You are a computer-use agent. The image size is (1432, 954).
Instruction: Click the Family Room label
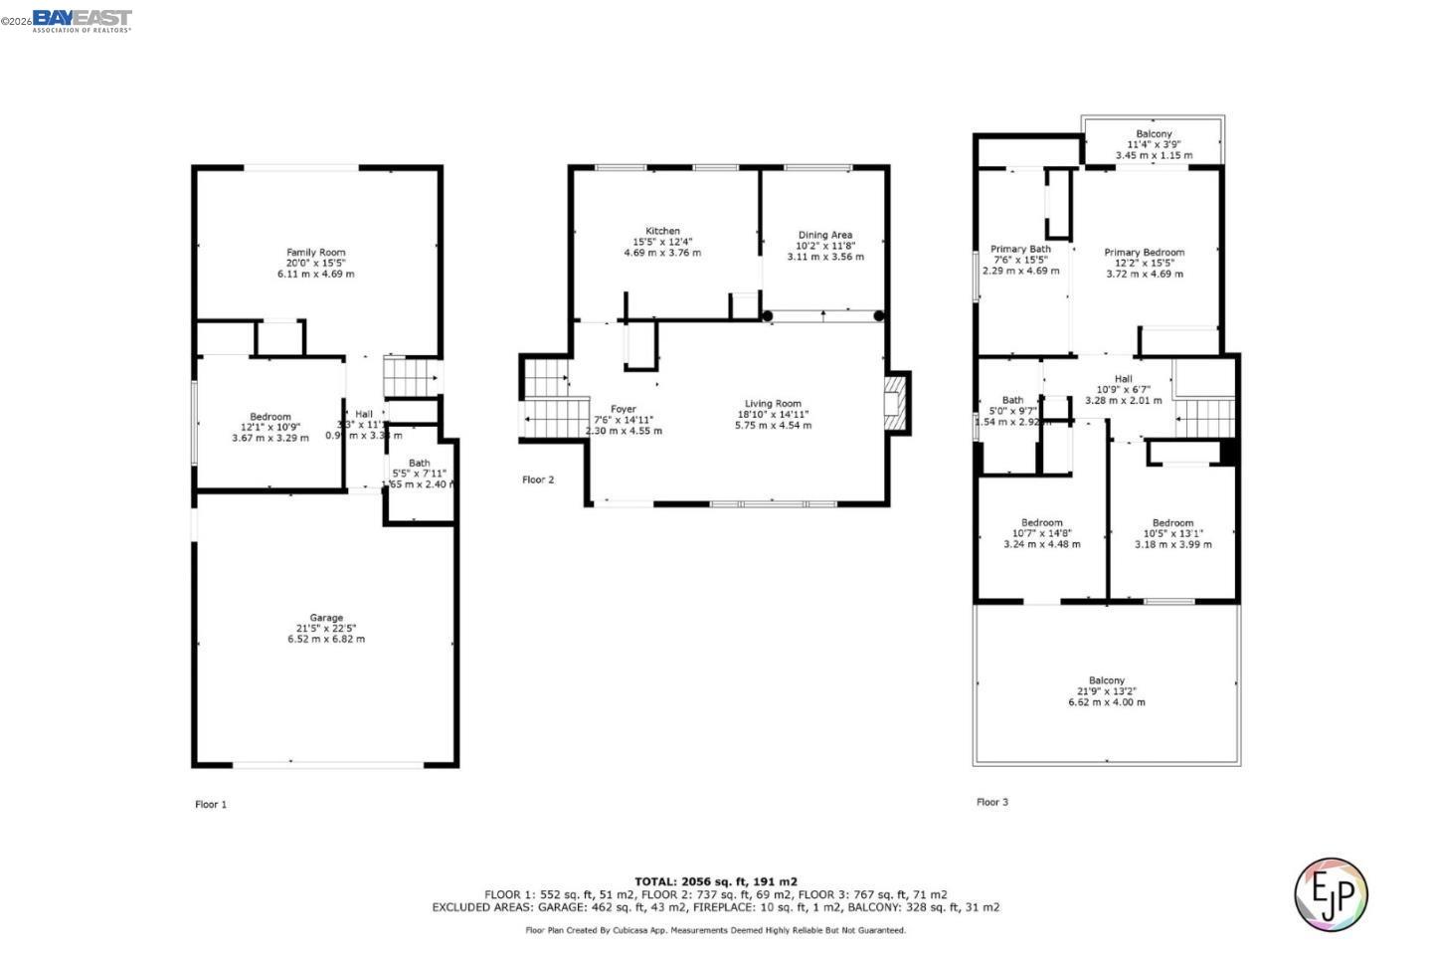pyautogui.click(x=315, y=253)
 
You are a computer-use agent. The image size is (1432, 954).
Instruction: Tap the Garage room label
pyautogui.click(x=326, y=618)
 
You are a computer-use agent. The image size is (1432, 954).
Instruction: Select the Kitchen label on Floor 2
pyautogui.click(x=662, y=231)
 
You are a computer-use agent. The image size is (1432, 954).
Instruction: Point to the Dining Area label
pyautogui.click(x=824, y=236)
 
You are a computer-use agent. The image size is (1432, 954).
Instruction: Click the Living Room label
pyautogui.click(x=773, y=404)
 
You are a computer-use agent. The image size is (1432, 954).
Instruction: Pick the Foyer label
pyautogui.click(x=623, y=409)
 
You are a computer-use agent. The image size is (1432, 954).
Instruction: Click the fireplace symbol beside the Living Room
pyautogui.click(x=897, y=403)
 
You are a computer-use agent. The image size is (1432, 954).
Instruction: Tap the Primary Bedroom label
pyautogui.click(x=1144, y=253)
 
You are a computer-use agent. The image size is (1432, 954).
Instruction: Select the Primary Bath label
pyautogui.click(x=1020, y=250)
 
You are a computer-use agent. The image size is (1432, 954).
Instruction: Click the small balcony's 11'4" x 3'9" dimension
pyautogui.click(x=1154, y=144)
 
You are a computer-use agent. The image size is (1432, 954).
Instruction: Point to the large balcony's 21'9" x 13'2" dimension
pyautogui.click(x=1106, y=691)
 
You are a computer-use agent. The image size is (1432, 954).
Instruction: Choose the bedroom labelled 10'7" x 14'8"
pyautogui.click(x=1041, y=523)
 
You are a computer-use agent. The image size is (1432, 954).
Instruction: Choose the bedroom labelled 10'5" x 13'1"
pyautogui.click(x=1172, y=523)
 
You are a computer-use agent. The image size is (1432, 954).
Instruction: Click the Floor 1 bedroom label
pyautogui.click(x=269, y=417)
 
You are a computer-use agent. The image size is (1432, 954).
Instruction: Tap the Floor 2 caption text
pyautogui.click(x=538, y=479)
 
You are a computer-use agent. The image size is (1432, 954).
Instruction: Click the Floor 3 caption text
pyautogui.click(x=991, y=802)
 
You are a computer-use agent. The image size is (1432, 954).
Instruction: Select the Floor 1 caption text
pyautogui.click(x=210, y=804)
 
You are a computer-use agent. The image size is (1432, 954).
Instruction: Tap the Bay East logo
pyautogui.click(x=82, y=20)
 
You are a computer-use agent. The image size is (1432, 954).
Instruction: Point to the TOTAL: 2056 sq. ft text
pyautogui.click(x=715, y=881)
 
